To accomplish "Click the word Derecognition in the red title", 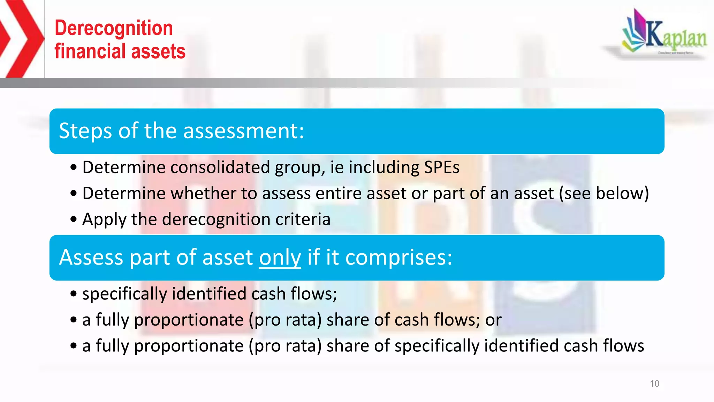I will click(114, 28).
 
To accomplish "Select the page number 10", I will click(654, 384).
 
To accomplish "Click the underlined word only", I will click(280, 258).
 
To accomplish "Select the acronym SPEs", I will click(441, 167).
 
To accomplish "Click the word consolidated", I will click(220, 167).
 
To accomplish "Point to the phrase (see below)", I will click(604, 193).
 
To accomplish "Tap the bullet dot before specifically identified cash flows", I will click(73, 294).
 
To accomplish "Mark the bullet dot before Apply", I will click(73, 219).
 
